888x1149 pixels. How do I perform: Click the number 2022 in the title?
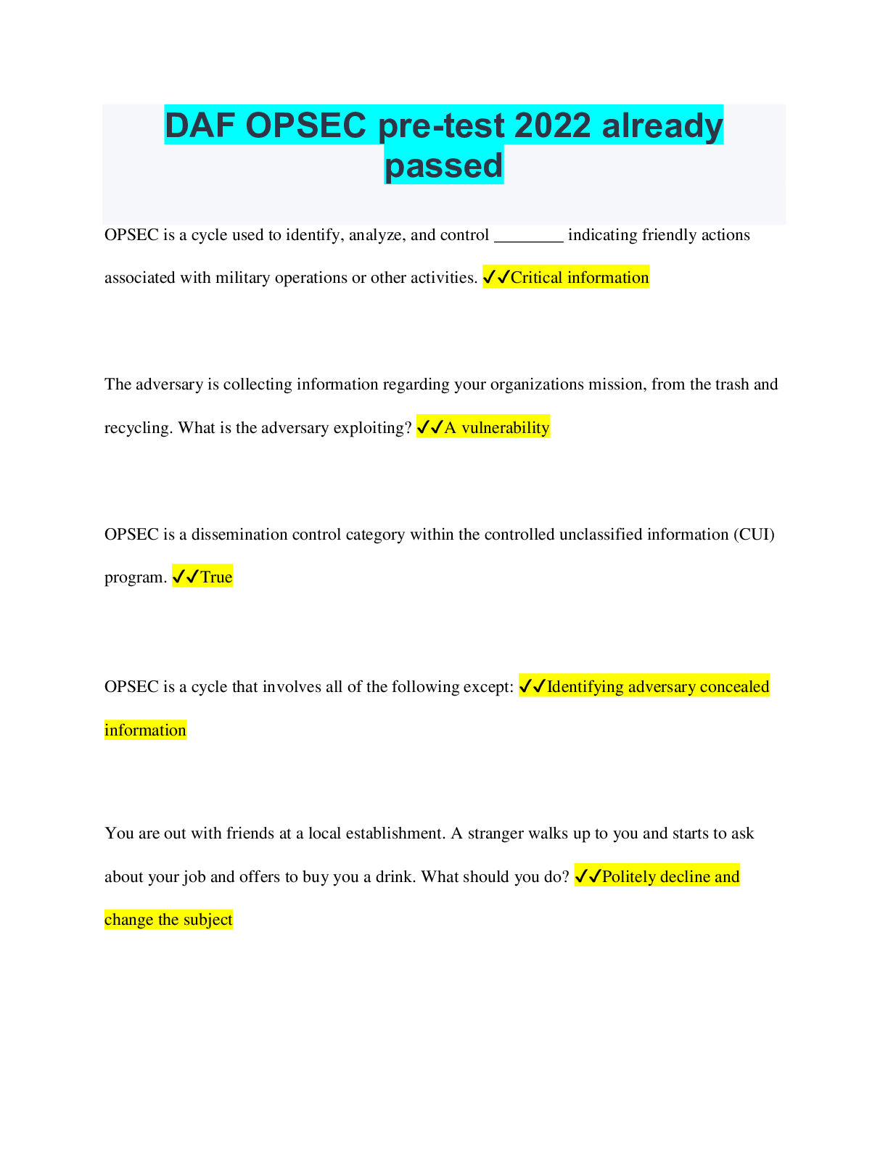tap(552, 125)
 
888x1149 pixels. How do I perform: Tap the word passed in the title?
tap(443, 166)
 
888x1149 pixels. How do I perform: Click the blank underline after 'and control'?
tap(528, 241)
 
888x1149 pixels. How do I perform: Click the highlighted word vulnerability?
tap(505, 427)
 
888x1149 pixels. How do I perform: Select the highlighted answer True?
tap(216, 577)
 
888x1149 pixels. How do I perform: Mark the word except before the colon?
tap(488, 686)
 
